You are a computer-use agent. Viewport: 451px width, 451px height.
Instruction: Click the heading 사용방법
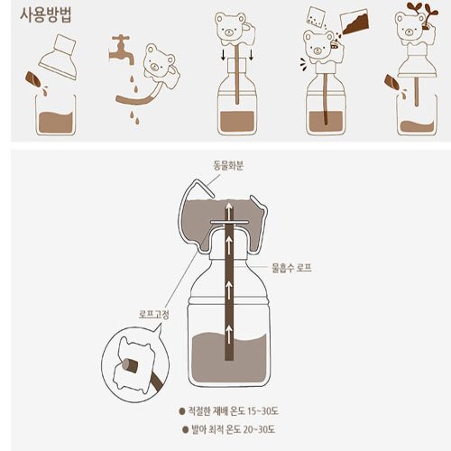[46, 15]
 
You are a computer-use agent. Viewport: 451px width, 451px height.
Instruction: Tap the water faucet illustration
[121, 50]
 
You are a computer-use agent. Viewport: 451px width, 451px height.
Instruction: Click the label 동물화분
[228, 165]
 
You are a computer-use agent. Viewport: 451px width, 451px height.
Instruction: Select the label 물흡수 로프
[291, 267]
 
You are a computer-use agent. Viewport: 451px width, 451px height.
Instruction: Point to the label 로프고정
[154, 315]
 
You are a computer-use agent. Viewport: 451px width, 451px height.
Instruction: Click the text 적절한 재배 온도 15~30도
[234, 411]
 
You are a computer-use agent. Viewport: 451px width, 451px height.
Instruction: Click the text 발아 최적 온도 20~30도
[234, 429]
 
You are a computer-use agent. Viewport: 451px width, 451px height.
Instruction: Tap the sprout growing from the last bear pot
[422, 14]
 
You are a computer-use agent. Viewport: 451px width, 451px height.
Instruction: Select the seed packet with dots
[317, 17]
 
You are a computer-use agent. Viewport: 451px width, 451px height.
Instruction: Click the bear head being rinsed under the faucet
[159, 62]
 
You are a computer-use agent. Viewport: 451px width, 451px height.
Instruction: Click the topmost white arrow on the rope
[229, 210]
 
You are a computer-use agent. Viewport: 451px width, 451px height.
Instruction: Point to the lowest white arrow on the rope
[229, 334]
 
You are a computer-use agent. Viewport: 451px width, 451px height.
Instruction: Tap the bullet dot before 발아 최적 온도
[185, 429]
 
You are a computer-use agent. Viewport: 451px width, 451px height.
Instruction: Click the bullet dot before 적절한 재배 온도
[181, 411]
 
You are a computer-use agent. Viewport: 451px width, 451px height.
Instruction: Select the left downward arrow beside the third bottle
[224, 54]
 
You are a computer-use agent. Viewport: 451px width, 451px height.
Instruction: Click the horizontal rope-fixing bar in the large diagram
[230, 223]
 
